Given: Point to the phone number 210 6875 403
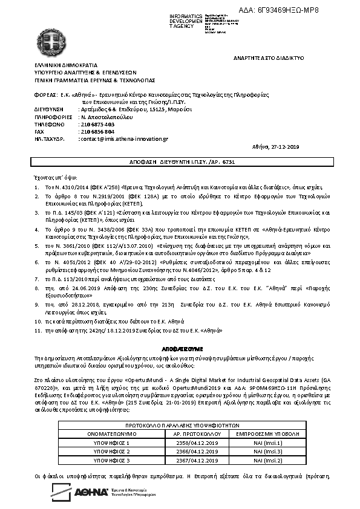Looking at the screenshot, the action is (x=97, y=124).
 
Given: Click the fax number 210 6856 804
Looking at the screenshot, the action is (x=97, y=131).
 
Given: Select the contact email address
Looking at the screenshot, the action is (x=125, y=138).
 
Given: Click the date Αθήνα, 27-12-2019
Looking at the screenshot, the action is (x=275, y=147).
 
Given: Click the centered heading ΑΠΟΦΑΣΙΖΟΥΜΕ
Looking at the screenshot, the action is (x=180, y=350).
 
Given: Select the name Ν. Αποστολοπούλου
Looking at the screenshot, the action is (x=103, y=117).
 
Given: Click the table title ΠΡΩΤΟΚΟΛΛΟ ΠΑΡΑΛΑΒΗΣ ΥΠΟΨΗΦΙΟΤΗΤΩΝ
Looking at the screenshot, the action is (x=180, y=426).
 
